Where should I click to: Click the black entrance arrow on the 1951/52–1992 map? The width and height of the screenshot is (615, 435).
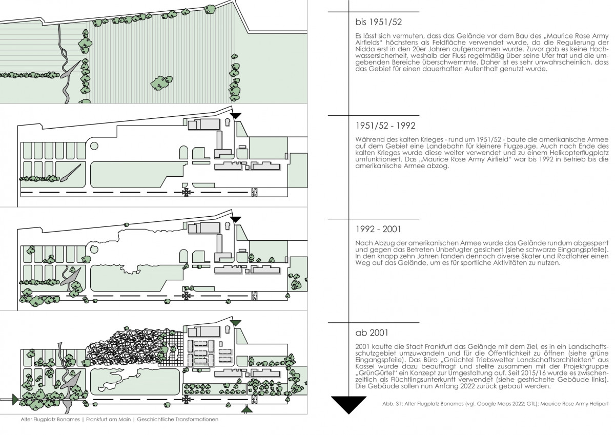235,116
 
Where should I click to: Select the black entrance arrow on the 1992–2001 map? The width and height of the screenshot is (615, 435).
235,219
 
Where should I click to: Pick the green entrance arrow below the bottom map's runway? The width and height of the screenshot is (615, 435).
247,409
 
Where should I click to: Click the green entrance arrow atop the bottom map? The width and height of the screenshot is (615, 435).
235,322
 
